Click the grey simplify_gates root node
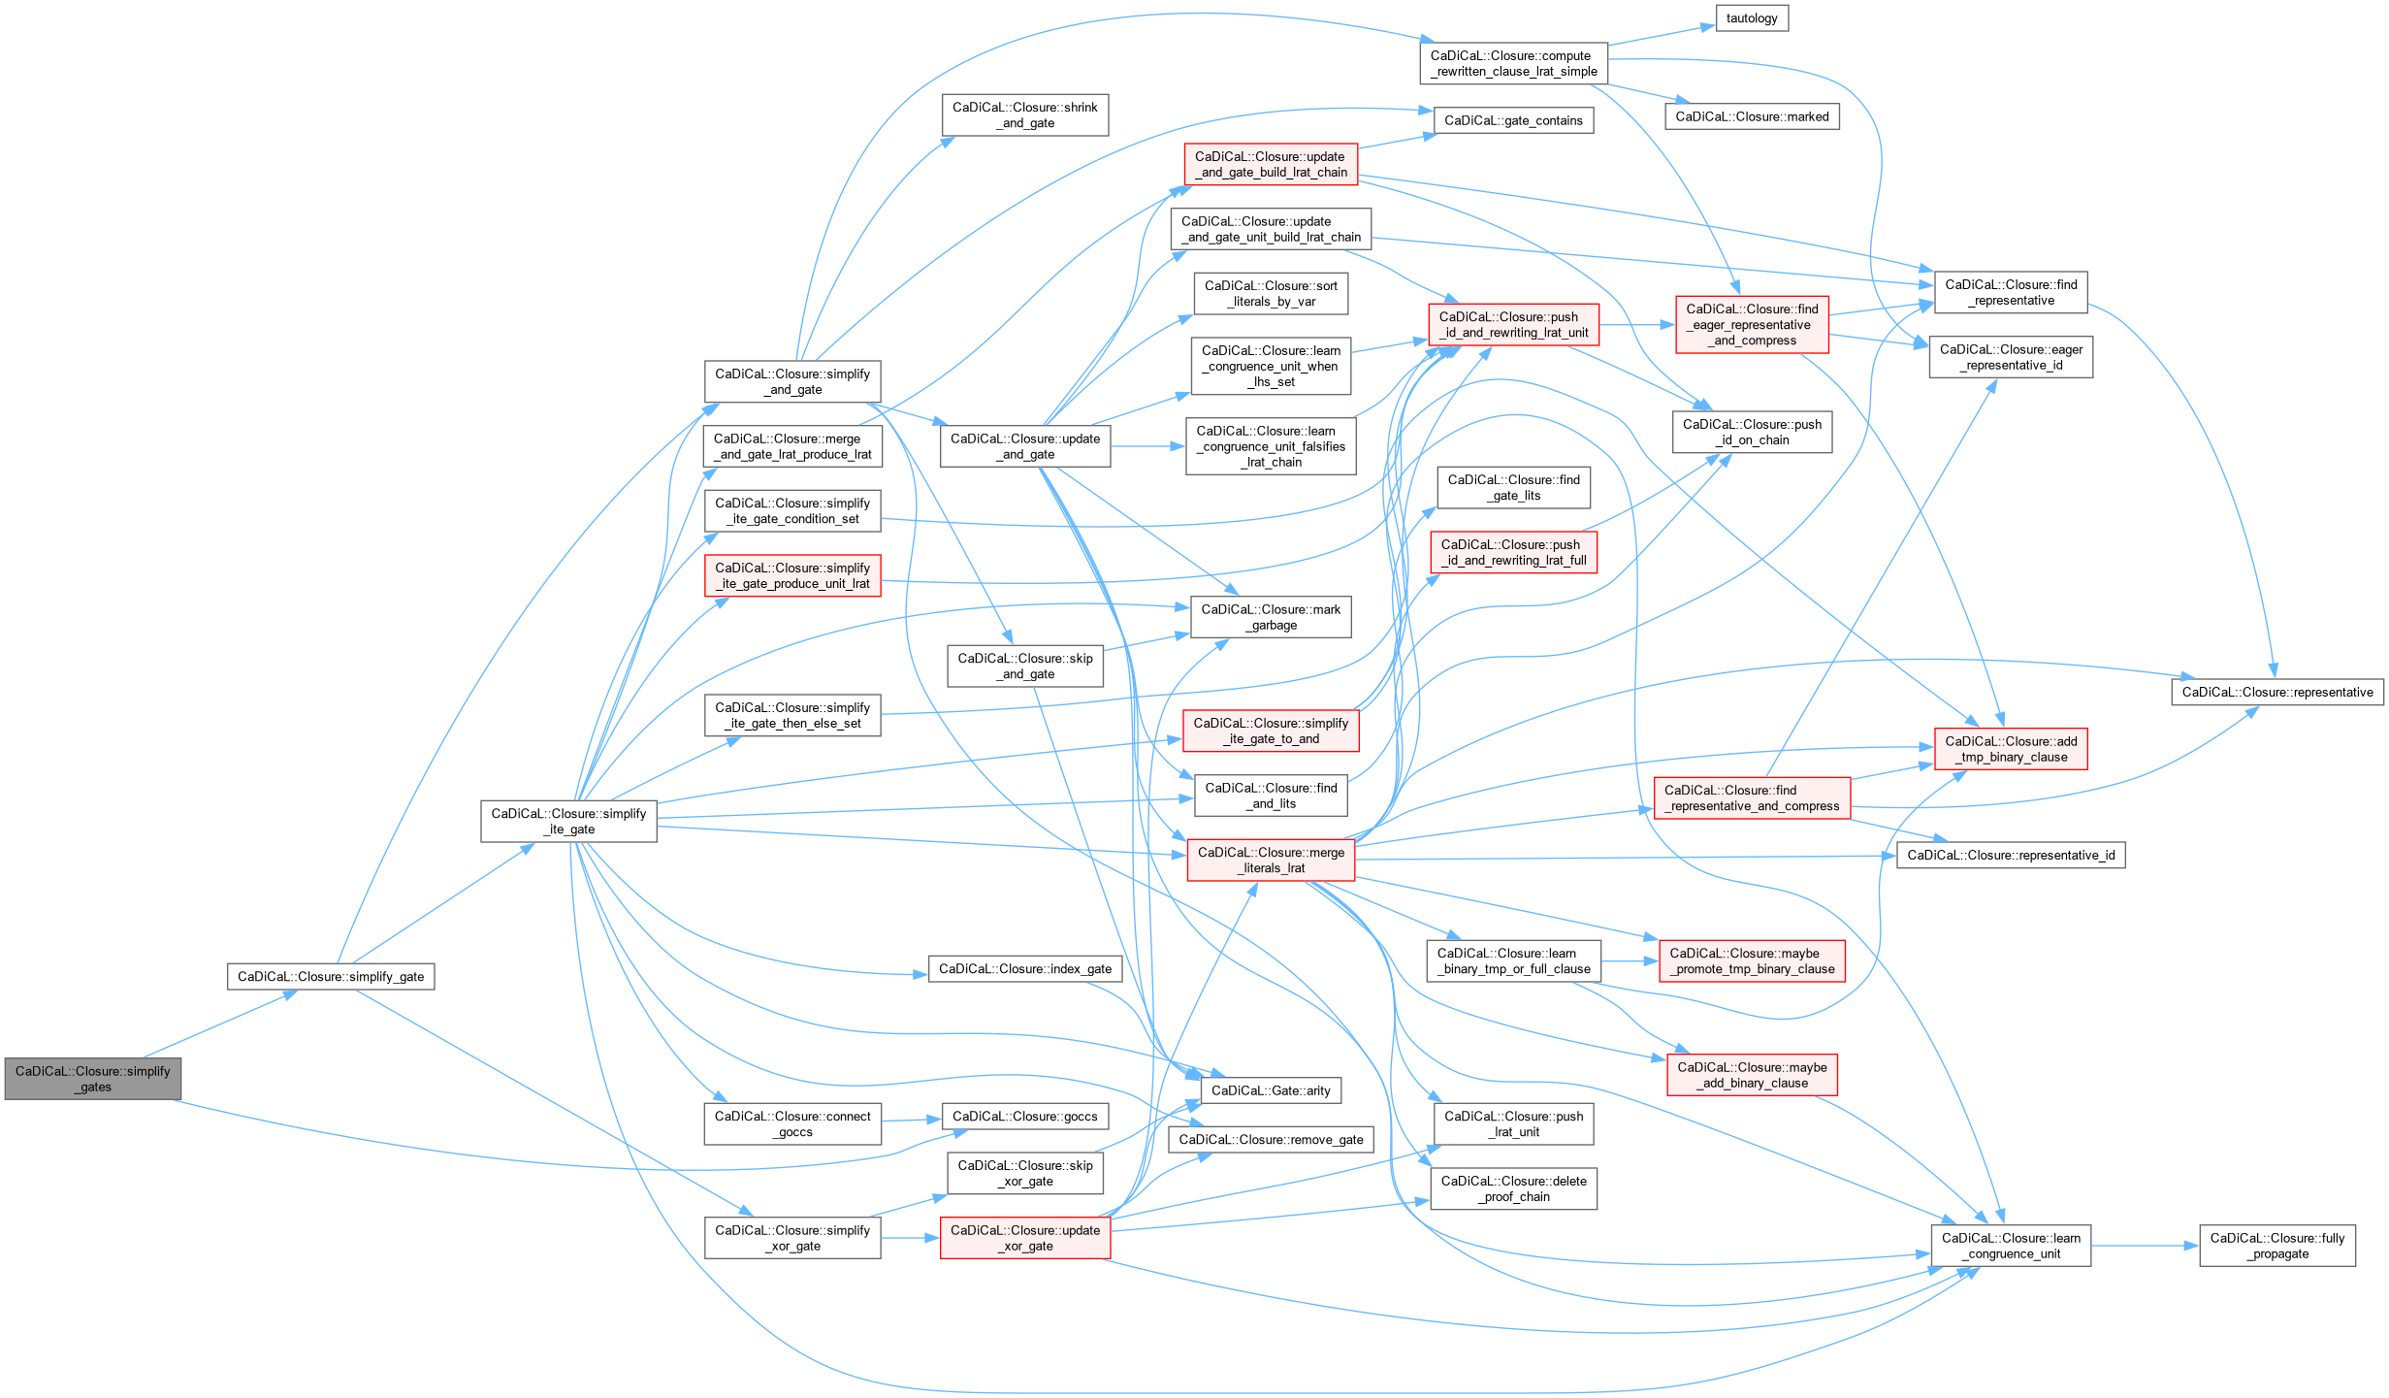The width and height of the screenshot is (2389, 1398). click(93, 1079)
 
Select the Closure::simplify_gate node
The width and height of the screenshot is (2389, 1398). click(331, 976)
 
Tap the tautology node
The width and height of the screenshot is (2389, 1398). click(1751, 18)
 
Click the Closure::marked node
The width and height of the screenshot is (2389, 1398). click(1752, 116)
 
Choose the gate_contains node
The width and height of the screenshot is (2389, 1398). click(1513, 120)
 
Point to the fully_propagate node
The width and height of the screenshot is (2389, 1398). click(2276, 1246)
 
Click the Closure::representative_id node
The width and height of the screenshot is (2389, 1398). click(2011, 855)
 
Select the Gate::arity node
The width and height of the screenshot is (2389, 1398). click(1271, 1090)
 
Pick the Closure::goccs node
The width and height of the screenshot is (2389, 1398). click(1024, 1117)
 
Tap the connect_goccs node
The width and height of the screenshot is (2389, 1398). click(792, 1123)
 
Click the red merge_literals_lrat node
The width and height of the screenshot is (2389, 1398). click(1271, 860)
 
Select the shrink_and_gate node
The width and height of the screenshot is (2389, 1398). click(1024, 114)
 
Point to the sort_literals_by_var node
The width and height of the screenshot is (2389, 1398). click(1271, 293)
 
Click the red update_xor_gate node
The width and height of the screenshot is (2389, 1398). click(1024, 1238)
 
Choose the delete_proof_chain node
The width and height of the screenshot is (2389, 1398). click(1513, 1188)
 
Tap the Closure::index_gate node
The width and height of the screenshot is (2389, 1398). click(1024, 969)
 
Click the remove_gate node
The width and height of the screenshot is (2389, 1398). click(1271, 1140)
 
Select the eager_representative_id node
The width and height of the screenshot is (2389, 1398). click(2011, 357)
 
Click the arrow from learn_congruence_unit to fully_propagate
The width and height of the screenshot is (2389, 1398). click(2145, 1246)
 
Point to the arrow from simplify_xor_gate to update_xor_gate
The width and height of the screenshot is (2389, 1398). click(910, 1238)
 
